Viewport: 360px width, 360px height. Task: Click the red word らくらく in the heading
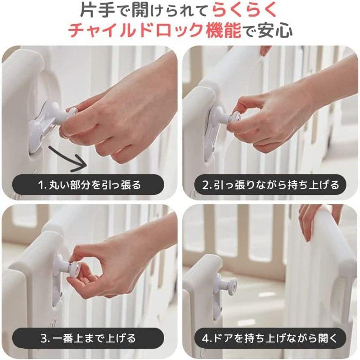pyautogui.click(x=244, y=10)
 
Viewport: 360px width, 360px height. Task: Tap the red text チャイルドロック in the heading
pyautogui.click(x=136, y=30)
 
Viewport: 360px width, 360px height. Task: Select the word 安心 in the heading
pyautogui.click(x=275, y=30)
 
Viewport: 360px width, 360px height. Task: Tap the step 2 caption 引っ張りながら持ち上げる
pyautogui.click(x=276, y=185)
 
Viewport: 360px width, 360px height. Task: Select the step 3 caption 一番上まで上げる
pyautogui.click(x=94, y=338)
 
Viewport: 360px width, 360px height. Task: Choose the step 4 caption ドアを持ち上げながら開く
pyautogui.click(x=275, y=338)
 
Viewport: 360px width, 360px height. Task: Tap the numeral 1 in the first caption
pyautogui.click(x=41, y=185)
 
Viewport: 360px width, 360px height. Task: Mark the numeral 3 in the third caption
pyautogui.click(x=44, y=338)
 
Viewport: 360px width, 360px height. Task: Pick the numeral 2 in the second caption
pyautogui.click(x=205, y=185)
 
